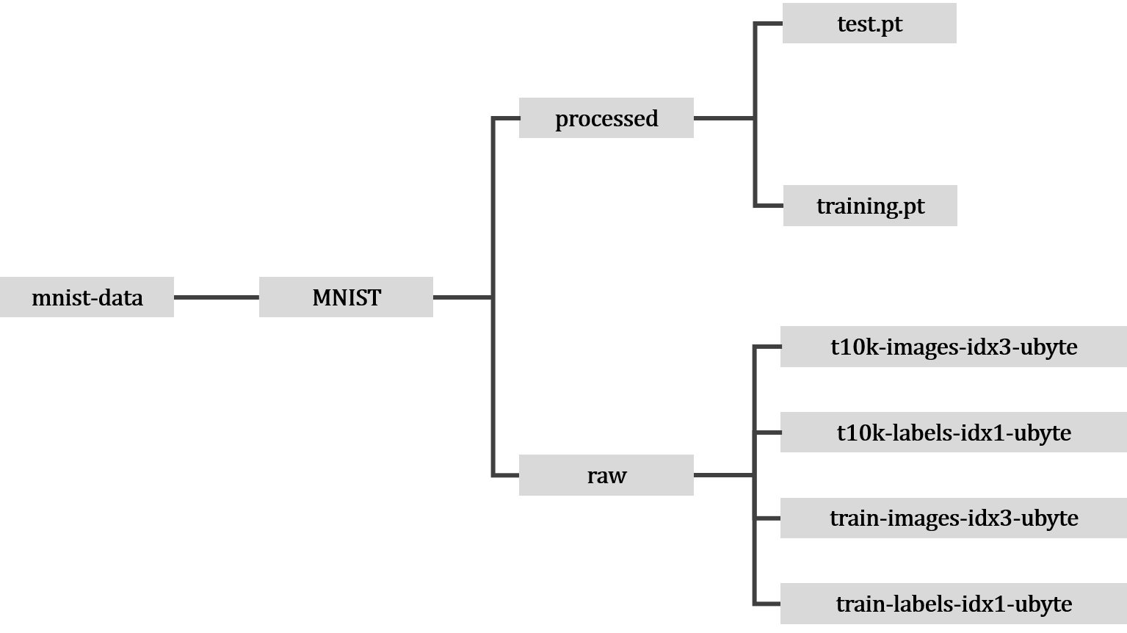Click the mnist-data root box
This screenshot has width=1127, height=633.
point(87,297)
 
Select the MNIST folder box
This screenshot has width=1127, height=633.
point(346,297)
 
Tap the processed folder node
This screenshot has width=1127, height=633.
point(606,118)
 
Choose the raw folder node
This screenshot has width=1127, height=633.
point(606,475)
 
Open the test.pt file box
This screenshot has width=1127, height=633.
point(869,23)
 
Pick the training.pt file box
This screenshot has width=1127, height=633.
point(870,206)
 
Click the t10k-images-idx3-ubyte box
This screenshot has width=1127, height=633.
point(953,347)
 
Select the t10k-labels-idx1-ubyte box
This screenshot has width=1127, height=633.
point(953,433)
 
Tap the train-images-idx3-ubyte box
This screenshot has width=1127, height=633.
point(953,518)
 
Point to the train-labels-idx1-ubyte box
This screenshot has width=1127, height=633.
point(953,604)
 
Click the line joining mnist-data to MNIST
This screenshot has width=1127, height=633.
point(217,297)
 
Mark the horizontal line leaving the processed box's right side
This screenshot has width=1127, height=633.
point(723,117)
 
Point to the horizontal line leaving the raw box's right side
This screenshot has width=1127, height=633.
point(723,475)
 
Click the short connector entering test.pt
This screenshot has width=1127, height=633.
point(769,23)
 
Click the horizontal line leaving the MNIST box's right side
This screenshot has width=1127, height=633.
point(463,297)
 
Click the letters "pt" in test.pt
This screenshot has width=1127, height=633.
point(890,25)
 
